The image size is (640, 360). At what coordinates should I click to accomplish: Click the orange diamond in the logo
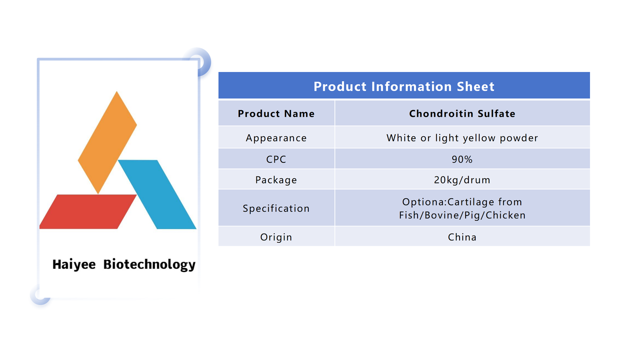tap(107, 142)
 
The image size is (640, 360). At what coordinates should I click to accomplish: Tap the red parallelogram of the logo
tap(88, 212)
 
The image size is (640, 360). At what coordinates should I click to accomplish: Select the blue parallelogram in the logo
tap(157, 194)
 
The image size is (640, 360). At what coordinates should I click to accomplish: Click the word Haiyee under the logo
tap(74, 264)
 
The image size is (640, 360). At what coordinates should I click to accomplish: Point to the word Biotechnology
tap(150, 264)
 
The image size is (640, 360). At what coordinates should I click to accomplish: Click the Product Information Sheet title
tap(404, 86)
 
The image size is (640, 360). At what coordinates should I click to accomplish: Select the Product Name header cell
tap(276, 114)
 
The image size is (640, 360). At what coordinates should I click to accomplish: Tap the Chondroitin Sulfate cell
tap(462, 114)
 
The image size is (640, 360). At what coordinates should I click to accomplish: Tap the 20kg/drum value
tap(462, 180)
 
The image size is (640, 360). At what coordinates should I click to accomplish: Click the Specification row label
tap(276, 208)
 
